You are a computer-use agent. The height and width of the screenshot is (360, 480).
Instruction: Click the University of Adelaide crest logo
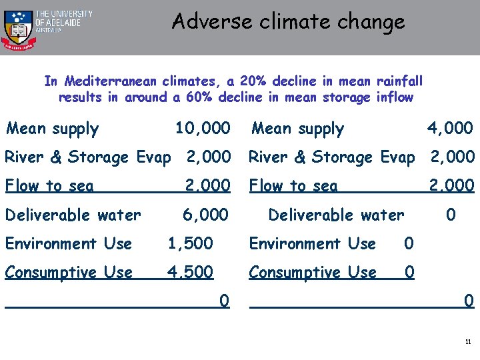click(17, 28)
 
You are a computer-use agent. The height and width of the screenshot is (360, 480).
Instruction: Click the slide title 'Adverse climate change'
click(288, 21)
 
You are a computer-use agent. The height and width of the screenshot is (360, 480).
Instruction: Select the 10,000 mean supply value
click(202, 127)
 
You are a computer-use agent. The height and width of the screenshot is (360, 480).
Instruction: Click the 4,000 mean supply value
click(450, 127)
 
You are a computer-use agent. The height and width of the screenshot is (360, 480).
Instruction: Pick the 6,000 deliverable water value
click(205, 215)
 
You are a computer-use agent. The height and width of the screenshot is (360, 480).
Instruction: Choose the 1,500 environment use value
click(190, 243)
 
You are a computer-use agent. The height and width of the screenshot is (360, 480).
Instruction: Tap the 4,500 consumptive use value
click(190, 272)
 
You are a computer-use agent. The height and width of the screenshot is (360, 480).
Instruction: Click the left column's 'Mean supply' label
click(52, 129)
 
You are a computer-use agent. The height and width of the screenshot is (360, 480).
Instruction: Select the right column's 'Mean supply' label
click(297, 129)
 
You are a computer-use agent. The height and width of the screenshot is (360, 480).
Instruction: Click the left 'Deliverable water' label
click(73, 215)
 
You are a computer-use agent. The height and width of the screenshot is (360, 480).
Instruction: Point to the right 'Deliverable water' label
click(335, 215)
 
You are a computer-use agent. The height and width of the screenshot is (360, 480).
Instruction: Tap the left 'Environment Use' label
click(68, 243)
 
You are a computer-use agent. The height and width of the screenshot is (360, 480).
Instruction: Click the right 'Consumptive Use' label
click(313, 272)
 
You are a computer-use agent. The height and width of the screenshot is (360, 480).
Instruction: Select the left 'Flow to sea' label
click(49, 186)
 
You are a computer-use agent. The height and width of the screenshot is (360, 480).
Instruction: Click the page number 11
click(468, 342)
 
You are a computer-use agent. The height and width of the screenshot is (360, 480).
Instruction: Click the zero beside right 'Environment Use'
click(409, 243)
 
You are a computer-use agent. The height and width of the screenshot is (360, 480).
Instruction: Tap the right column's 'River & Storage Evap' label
click(331, 157)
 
